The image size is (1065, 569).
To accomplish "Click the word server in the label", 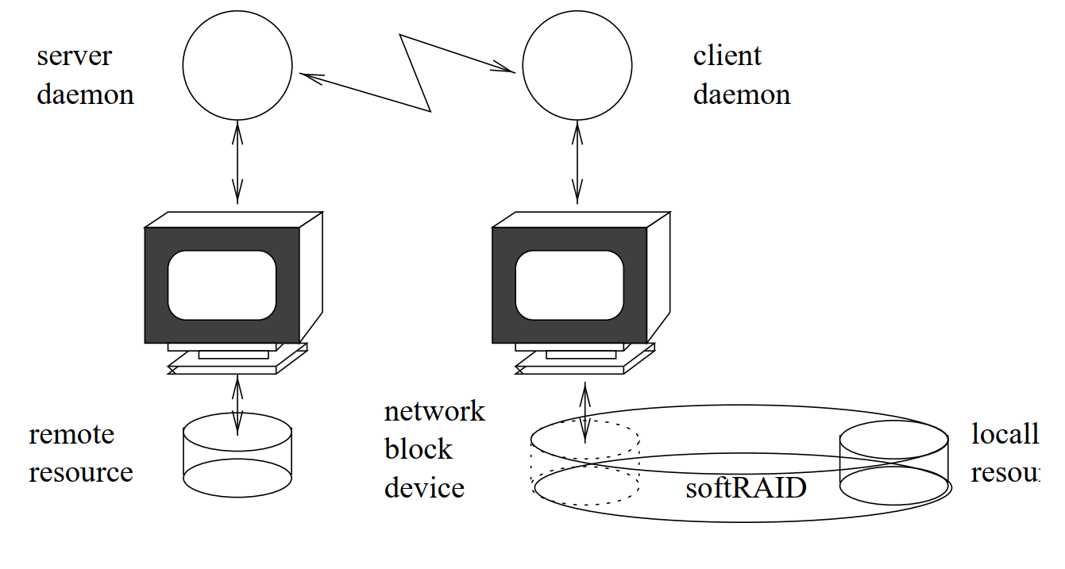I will click(74, 56).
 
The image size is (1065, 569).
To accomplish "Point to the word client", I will click(727, 56).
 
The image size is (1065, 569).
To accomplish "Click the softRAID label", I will click(745, 487).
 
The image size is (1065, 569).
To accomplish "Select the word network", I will click(434, 411).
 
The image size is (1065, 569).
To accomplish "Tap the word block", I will click(418, 449).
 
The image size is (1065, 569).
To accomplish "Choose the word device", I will click(424, 487).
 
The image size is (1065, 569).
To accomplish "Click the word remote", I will click(71, 435).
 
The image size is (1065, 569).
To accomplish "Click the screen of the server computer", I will click(222, 285).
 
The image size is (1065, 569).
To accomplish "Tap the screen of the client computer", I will click(569, 285).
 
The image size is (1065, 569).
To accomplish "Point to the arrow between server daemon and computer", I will click(237, 163).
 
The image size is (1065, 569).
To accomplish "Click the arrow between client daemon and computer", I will click(577, 163).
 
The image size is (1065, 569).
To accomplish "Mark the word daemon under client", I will click(741, 95).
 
